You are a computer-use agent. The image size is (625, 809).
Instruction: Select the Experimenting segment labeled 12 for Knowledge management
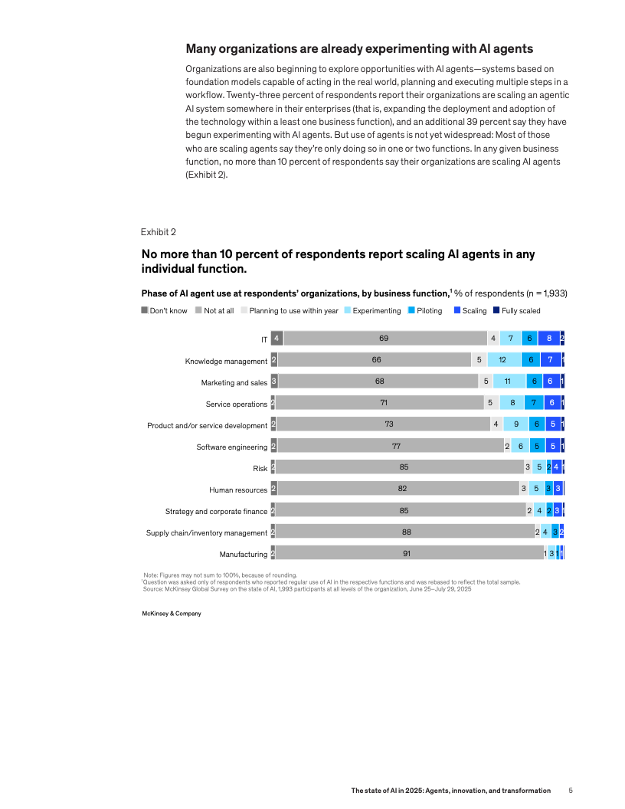[x=502, y=360]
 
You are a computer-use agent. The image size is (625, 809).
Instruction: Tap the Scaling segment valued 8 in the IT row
[x=548, y=339]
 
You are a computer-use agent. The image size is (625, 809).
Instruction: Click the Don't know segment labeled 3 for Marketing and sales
[x=274, y=382]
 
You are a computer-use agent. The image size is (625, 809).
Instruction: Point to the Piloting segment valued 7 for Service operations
[x=534, y=403]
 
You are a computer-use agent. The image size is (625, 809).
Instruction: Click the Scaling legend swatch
[x=456, y=310]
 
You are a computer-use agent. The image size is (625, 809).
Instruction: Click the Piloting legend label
[x=429, y=311]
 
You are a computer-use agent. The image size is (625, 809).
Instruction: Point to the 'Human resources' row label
[x=238, y=490]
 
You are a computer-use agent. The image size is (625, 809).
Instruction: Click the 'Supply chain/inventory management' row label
[x=207, y=532]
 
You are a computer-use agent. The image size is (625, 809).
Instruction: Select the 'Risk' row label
[x=260, y=468]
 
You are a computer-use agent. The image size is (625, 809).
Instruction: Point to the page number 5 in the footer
[x=571, y=790]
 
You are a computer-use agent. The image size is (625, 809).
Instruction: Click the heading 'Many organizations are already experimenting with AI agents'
[x=359, y=49]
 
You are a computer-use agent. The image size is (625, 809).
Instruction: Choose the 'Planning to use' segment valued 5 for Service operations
[x=489, y=403]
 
